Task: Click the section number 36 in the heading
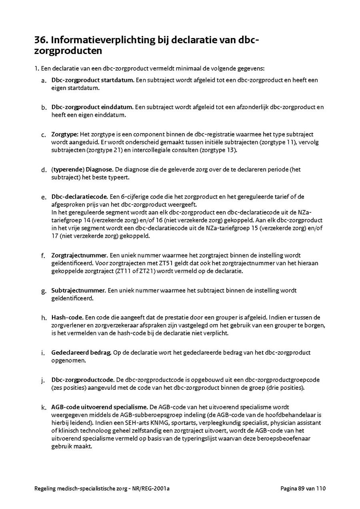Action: pos(41,40)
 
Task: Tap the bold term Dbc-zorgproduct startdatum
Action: pos(92,80)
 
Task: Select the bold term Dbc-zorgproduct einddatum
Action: pos(92,107)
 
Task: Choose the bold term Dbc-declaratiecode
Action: pos(79,197)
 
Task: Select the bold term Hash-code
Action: pos(67,317)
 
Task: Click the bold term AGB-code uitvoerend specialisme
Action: pos(100,407)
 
